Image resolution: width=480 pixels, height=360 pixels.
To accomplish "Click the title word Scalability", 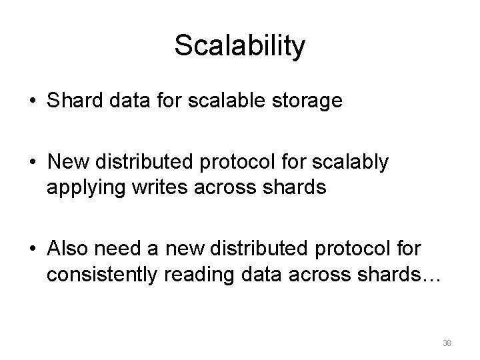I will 240,46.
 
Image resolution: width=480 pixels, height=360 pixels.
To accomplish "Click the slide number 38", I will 447,343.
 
